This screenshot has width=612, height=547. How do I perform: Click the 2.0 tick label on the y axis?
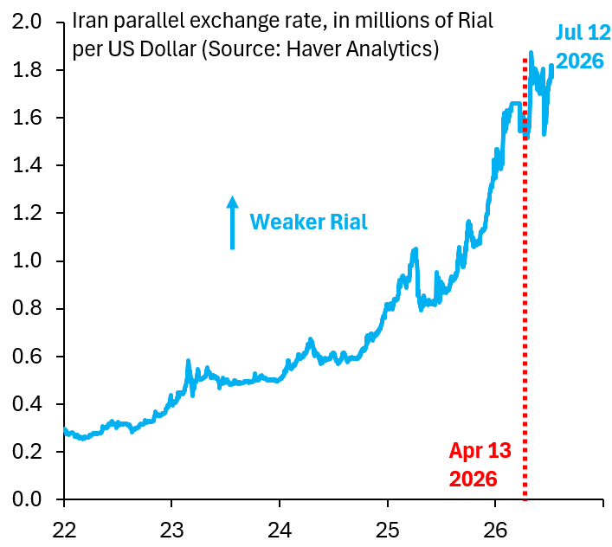(27, 21)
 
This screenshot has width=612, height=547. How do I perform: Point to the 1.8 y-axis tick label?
(27, 70)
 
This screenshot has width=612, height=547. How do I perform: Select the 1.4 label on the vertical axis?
(27, 165)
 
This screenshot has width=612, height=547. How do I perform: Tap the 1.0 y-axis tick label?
(27, 261)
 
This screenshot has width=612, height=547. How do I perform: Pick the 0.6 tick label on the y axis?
(27, 356)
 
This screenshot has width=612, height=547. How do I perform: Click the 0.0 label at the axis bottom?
(27, 499)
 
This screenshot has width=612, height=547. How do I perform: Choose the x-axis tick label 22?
(64, 531)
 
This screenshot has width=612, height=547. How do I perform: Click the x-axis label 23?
(171, 531)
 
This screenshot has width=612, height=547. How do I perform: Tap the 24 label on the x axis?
(280, 531)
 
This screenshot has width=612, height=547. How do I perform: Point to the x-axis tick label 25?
(388, 531)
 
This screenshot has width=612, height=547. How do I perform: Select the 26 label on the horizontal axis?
(495, 531)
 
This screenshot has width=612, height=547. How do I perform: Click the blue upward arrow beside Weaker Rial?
(233, 222)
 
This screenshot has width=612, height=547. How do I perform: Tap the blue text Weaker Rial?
(308, 222)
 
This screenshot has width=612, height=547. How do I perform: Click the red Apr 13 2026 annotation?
(480, 465)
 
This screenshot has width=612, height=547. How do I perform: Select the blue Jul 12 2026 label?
(583, 47)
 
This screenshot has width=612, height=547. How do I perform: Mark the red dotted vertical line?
(525, 279)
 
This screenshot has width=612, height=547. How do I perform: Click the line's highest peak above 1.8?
(531, 53)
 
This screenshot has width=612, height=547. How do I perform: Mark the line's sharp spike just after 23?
(188, 361)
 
